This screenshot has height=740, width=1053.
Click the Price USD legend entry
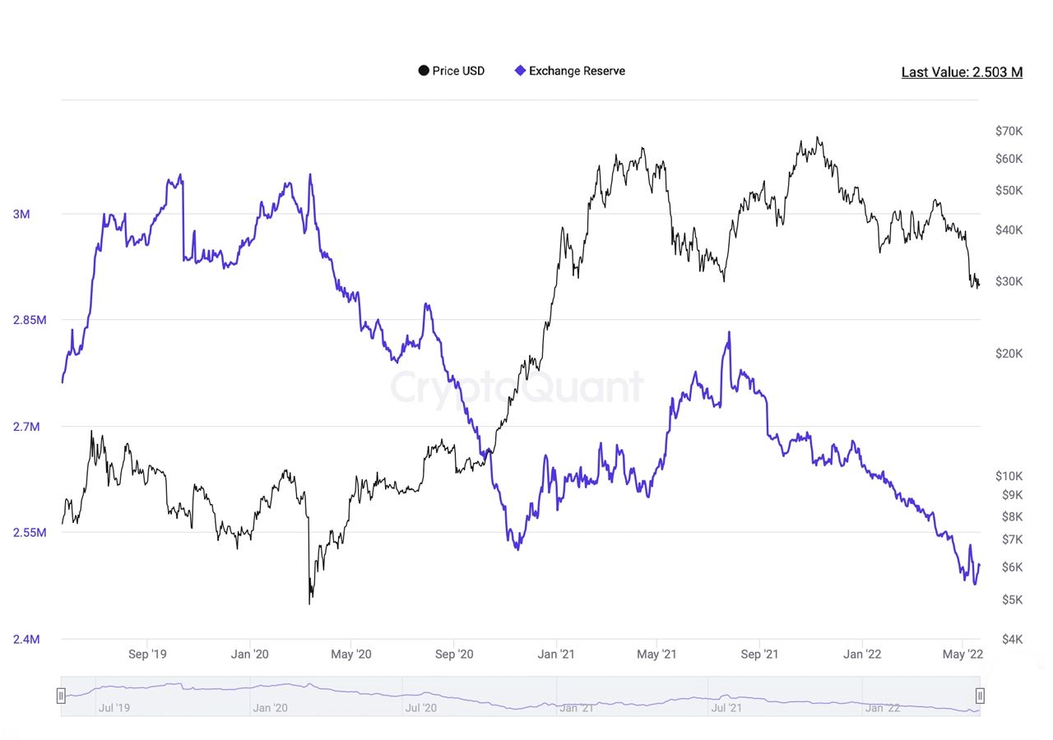[x=452, y=71]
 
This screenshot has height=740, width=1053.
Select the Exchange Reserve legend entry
[x=570, y=71]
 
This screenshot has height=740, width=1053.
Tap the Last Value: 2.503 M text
[x=962, y=72]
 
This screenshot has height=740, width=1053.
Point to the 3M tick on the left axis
[x=21, y=215]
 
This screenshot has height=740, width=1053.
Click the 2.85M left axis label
[x=30, y=320]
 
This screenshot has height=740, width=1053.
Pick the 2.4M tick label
[x=26, y=639]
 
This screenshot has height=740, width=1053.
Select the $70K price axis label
[x=1009, y=131]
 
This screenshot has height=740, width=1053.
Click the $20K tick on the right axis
[x=1009, y=354]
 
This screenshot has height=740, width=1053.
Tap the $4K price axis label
[x=1012, y=639]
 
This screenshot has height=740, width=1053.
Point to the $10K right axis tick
[x=1009, y=476]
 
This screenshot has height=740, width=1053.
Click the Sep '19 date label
[x=147, y=654]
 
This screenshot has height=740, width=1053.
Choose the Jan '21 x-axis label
[x=556, y=654]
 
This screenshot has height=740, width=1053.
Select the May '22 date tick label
[x=963, y=654]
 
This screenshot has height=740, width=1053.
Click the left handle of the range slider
[x=61, y=696]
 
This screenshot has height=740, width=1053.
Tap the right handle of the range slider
[x=980, y=696]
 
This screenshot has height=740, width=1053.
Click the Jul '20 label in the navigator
[x=421, y=708]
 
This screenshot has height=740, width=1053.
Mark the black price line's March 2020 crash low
[x=309, y=604]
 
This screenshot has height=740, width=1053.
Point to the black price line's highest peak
[x=818, y=137]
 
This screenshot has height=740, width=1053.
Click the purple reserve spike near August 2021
[x=729, y=333]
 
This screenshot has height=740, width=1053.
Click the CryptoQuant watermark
[x=517, y=387]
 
